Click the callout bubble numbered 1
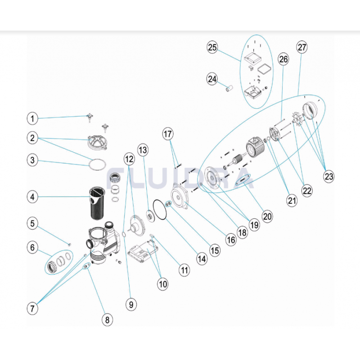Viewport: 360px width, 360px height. tap(32, 118)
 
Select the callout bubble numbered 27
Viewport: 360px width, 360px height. tap(301, 47)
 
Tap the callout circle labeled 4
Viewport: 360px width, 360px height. tap(32, 197)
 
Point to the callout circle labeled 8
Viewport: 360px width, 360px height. tap(107, 319)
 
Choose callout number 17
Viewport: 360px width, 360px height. tap(167, 134)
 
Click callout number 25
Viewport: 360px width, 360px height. tap(212, 47)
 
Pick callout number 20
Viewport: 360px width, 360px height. tap(267, 216)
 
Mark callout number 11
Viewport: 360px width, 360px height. tap(184, 270)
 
